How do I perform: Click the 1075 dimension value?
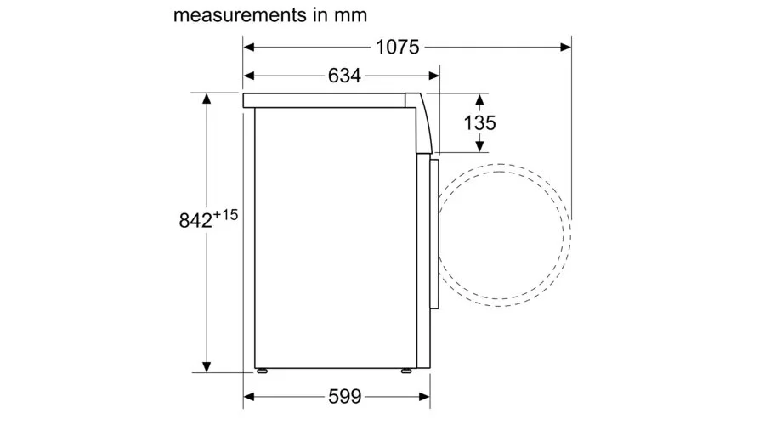coord(397,48)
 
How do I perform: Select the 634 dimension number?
coord(344,76)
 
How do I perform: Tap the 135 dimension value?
coord(479,123)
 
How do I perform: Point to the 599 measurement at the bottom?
coord(345,396)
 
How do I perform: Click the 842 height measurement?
coord(195,220)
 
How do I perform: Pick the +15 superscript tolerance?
coord(225,214)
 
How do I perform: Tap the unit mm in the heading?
coord(350,15)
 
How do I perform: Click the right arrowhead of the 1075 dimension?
coord(565,48)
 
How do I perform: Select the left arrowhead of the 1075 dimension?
coord(249,48)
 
